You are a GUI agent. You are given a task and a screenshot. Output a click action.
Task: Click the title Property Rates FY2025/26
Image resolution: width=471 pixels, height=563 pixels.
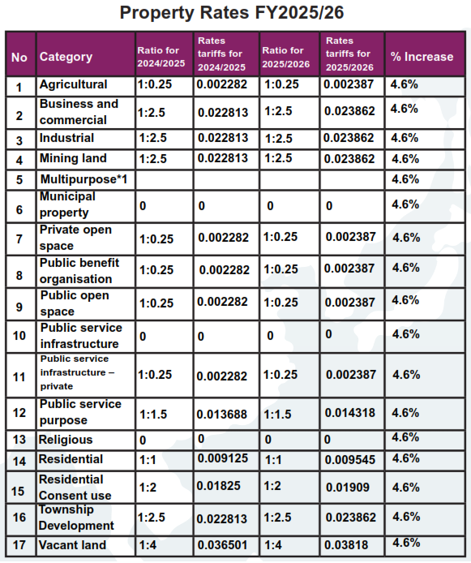232,13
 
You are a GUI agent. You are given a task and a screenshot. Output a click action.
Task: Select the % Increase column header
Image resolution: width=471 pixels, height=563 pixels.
422,57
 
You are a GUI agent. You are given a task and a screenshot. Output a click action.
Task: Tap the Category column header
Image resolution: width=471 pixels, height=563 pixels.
66,57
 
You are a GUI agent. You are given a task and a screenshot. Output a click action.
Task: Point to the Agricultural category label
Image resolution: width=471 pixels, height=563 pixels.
73,84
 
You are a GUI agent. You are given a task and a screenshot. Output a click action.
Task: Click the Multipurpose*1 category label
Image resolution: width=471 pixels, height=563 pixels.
83,179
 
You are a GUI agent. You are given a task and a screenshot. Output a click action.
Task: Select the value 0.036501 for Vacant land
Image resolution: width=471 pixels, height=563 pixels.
222,545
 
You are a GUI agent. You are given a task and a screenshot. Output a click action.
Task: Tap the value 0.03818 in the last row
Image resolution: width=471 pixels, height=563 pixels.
346,545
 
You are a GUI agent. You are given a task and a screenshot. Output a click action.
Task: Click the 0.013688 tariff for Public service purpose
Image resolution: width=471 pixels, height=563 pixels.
221,415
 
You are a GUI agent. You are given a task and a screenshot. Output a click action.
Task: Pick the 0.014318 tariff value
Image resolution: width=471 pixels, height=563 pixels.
349,413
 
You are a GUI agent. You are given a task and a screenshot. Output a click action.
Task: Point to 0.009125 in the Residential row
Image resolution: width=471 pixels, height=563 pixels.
223,458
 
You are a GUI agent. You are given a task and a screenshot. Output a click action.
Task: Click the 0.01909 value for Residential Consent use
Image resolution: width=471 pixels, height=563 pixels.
348,488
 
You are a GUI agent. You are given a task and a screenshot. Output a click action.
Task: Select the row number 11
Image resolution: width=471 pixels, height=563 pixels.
19,377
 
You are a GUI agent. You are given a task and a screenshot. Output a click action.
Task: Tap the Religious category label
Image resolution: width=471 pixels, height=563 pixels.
66,440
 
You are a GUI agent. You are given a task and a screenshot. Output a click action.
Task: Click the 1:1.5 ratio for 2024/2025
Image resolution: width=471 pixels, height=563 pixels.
153,415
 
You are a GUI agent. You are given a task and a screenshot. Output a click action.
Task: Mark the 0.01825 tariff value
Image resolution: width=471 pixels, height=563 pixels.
218,486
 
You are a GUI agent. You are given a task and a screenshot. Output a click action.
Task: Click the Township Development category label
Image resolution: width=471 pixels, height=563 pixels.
76,518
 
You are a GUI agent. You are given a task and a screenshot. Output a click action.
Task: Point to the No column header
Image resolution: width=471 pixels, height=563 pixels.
19,57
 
